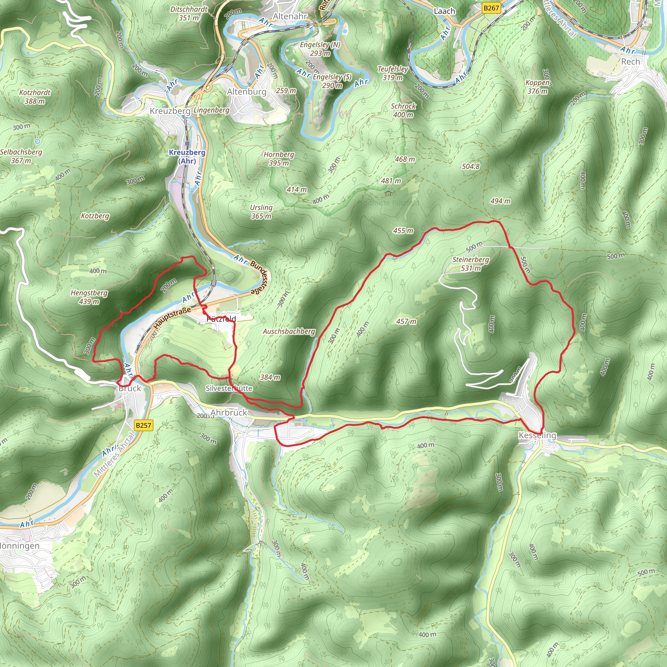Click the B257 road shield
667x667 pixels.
click(143, 425)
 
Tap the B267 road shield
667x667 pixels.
click(491, 8)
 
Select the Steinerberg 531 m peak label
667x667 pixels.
click(471, 264)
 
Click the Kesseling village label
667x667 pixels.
click(537, 435)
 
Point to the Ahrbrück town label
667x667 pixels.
click(229, 413)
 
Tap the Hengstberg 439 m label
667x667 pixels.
click(89, 297)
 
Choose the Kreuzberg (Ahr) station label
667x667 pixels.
click(187, 156)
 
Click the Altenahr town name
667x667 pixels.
click(290, 16)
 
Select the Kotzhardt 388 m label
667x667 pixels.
click(35, 97)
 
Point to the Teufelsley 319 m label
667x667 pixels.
click(393, 73)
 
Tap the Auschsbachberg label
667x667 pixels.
click(289, 332)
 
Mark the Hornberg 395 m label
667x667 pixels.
click(279, 159)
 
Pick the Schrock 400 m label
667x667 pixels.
click(403, 110)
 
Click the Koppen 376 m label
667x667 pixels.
click(537, 87)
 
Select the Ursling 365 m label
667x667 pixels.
click(261, 212)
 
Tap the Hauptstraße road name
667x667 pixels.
click(172, 318)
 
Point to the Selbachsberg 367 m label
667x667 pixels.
click(21, 156)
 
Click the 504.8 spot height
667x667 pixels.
click(471, 166)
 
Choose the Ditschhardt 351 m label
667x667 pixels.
click(189, 13)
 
